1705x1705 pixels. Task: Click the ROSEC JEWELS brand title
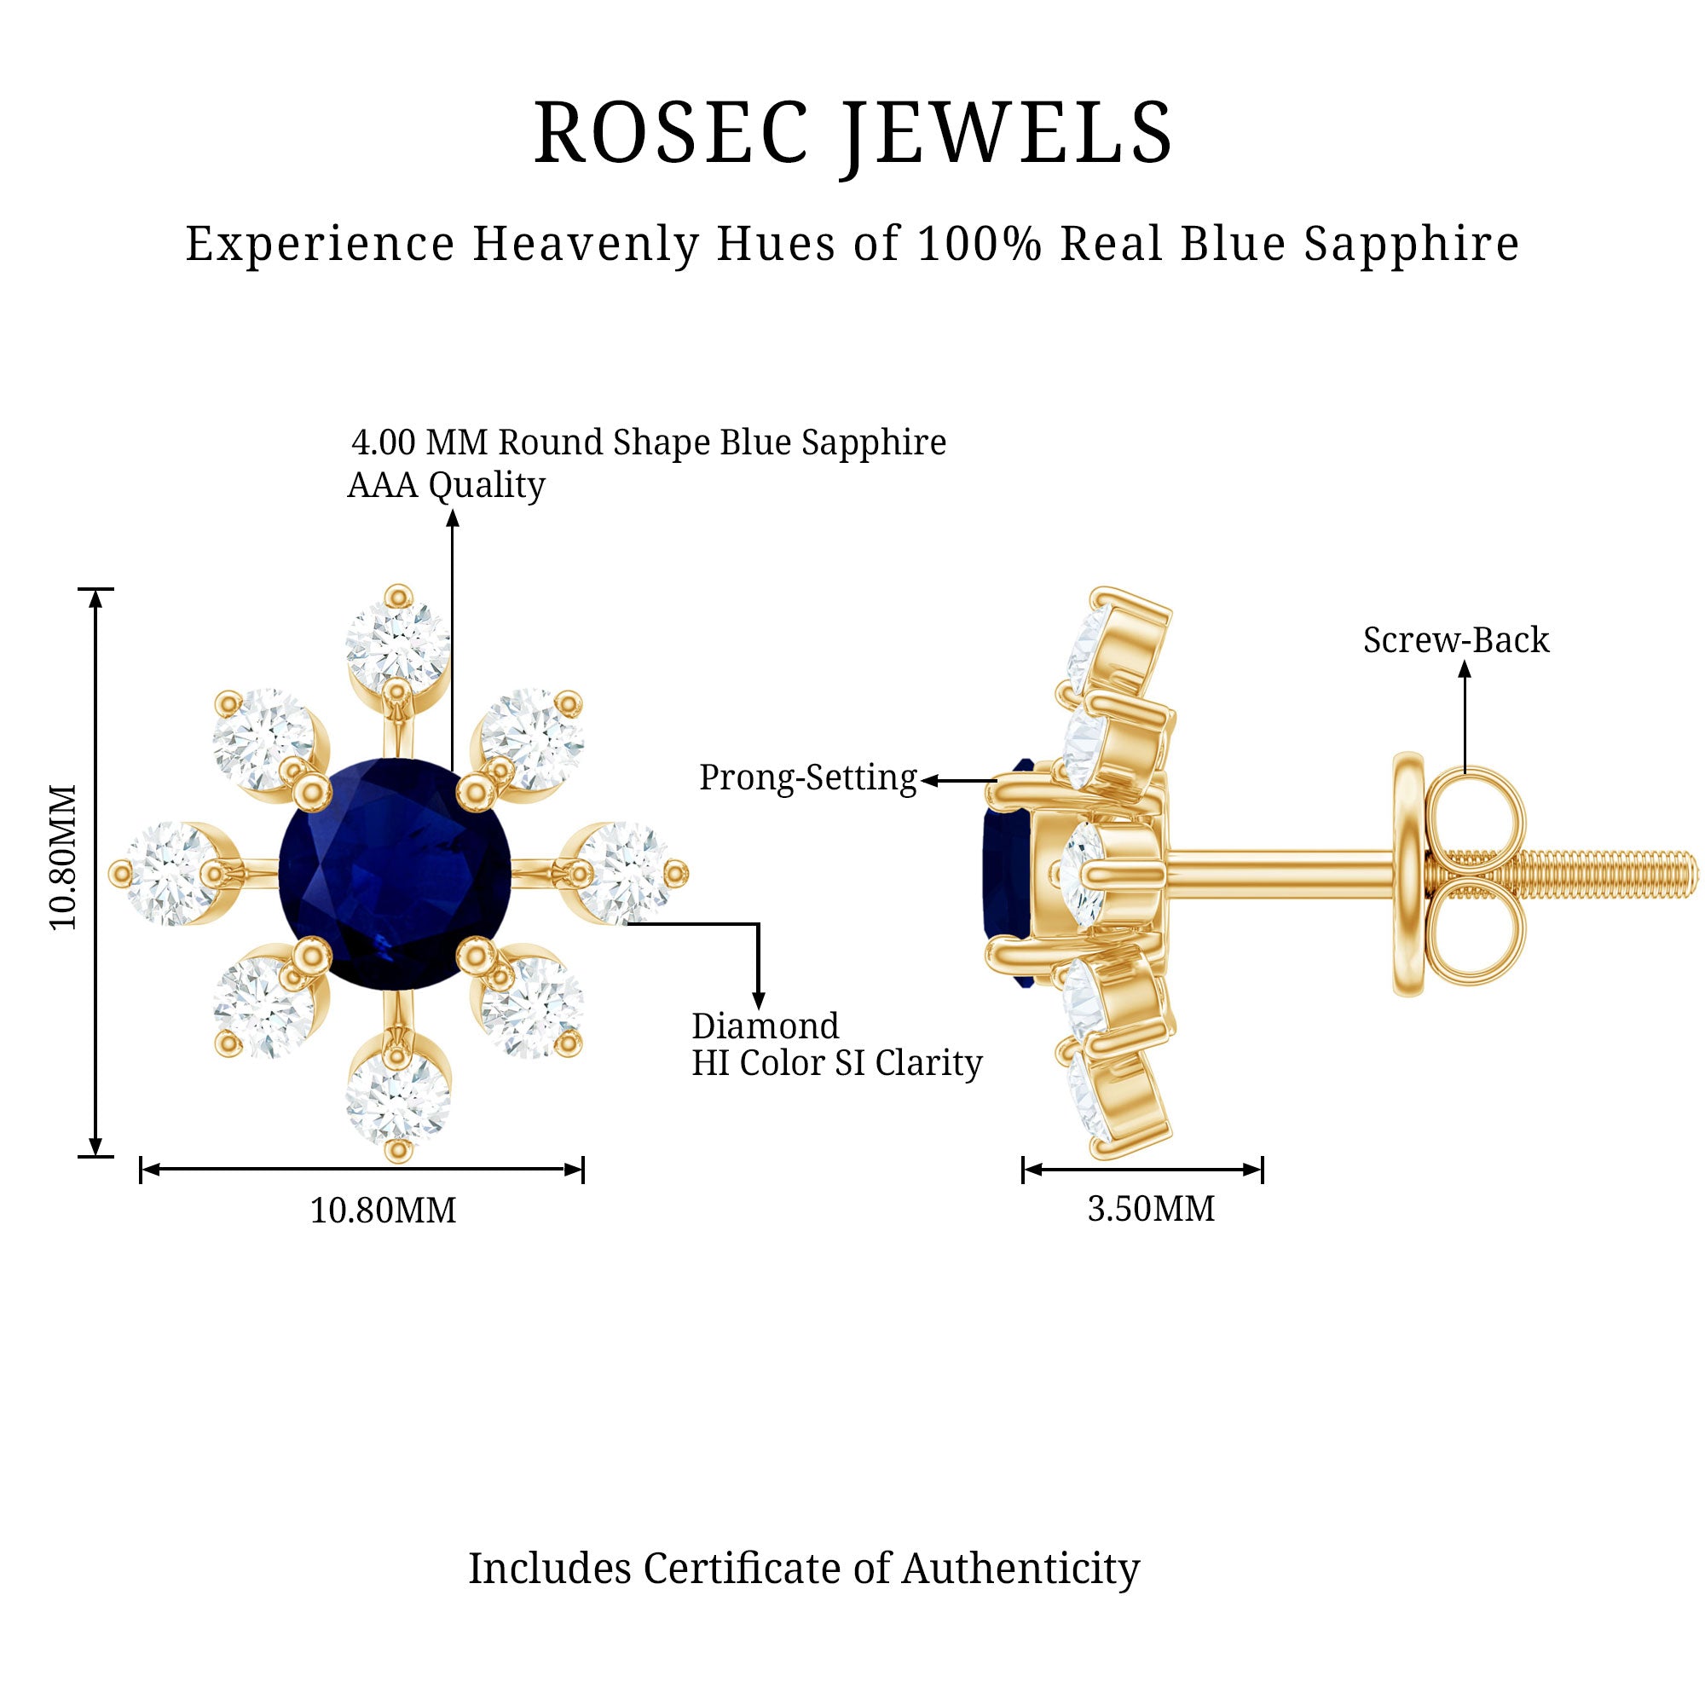coord(852,133)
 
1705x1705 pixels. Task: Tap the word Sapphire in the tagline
coord(1411,244)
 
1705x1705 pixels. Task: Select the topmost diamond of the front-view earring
coord(398,644)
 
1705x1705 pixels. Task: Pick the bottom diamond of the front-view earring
coord(398,1098)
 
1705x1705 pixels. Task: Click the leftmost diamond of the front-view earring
coord(169,874)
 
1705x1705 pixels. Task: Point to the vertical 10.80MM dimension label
coord(64,857)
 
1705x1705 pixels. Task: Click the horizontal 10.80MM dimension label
coord(383,1210)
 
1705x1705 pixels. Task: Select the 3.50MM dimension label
coord(1151,1208)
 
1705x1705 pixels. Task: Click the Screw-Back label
coord(1455,641)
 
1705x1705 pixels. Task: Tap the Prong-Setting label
coord(807,778)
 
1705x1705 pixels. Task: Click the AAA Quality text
coord(446,485)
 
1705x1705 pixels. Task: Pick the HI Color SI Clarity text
coord(835,1063)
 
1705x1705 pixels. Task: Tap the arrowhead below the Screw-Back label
coord(1465,670)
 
